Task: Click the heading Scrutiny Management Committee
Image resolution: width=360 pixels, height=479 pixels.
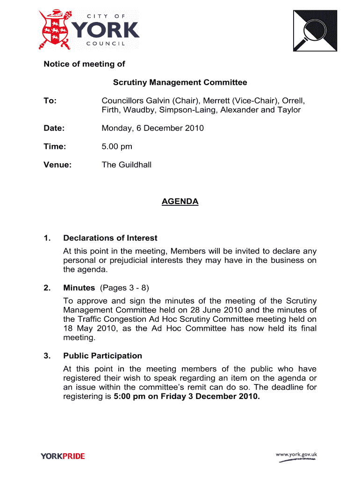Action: coord(180,83)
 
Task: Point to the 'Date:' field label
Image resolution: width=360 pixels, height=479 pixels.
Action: coord(54,128)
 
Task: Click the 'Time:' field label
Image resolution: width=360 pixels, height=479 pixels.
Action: coord(55,146)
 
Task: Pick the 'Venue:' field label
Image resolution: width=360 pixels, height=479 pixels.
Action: coord(58,165)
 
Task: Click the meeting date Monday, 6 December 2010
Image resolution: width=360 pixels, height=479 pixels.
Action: coord(153,128)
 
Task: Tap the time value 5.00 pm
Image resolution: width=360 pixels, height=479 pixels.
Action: coord(117,146)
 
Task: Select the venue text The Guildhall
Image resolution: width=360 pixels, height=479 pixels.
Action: coord(127,165)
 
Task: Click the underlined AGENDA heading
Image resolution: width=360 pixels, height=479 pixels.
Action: coord(180,202)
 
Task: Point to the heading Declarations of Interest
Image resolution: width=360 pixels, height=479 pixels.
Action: coord(110,238)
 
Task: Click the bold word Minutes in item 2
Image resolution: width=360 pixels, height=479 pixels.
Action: coord(79,288)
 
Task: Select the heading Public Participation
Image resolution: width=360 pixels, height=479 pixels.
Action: coord(103,356)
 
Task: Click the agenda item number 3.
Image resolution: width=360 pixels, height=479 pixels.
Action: coord(47,356)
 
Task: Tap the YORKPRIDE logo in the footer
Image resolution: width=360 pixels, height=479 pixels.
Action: coord(63,456)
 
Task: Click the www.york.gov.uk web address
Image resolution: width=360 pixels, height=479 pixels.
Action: coord(296,454)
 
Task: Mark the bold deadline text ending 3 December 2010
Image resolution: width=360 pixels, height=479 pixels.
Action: coord(187,397)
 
